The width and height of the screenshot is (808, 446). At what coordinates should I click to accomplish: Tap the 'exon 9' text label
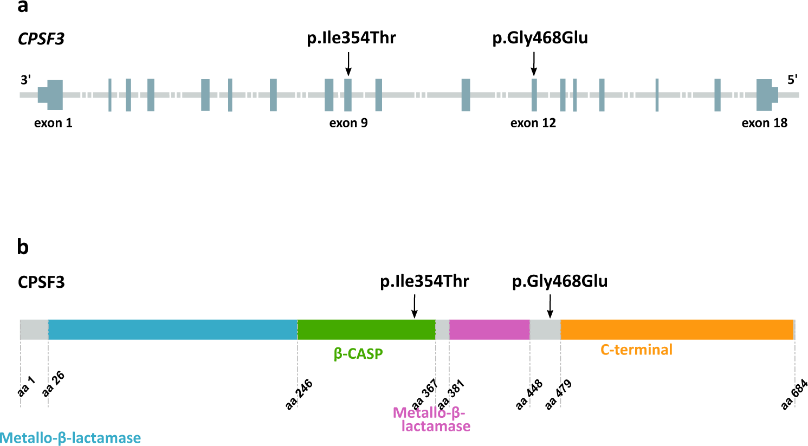pyautogui.click(x=348, y=123)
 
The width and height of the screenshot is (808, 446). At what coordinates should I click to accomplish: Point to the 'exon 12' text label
pyautogui.click(x=533, y=123)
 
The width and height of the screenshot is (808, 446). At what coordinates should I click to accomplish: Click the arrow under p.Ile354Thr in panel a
pyautogui.click(x=348, y=63)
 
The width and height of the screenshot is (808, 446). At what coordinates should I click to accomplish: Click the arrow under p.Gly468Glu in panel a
pyautogui.click(x=534, y=63)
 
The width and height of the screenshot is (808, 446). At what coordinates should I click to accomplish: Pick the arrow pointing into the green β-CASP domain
pyautogui.click(x=415, y=306)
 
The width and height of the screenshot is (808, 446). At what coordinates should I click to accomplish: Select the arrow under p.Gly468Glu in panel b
pyautogui.click(x=550, y=306)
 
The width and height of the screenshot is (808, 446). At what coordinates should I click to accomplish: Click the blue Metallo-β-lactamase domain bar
pyautogui.click(x=172, y=329)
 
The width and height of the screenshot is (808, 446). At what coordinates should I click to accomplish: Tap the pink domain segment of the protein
pyautogui.click(x=489, y=329)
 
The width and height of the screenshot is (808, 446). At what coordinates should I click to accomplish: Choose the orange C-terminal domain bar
pyautogui.click(x=677, y=329)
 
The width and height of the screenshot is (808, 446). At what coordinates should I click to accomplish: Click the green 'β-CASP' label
pyautogui.click(x=358, y=354)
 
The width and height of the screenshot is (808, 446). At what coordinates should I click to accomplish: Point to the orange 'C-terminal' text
pyautogui.click(x=636, y=350)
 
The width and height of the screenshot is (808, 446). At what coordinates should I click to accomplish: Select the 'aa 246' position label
pyautogui.click(x=299, y=395)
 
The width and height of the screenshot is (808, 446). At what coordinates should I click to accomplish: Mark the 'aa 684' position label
pyautogui.click(x=794, y=394)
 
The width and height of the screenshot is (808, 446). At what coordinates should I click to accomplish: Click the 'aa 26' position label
pyautogui.click(x=54, y=384)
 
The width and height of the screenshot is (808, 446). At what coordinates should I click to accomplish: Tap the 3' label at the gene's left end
pyautogui.click(x=26, y=80)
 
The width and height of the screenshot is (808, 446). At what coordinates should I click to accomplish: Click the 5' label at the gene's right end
pyautogui.click(x=792, y=80)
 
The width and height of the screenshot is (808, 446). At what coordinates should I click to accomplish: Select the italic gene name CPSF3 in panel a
pyautogui.click(x=41, y=39)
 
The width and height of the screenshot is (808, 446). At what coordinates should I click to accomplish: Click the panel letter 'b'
pyautogui.click(x=23, y=247)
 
